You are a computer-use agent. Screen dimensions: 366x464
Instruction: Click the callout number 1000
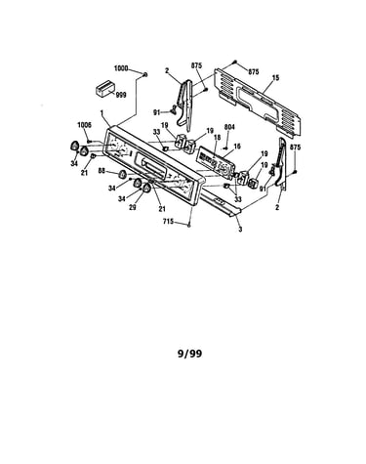(x=121, y=68)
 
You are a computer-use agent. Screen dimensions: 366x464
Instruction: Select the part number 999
(x=121, y=95)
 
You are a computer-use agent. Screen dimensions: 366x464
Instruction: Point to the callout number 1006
(x=84, y=125)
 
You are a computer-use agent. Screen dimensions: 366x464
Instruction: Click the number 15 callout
(x=276, y=78)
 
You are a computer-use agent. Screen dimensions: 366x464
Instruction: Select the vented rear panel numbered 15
(x=257, y=102)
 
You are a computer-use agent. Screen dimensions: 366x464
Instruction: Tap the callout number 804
(x=229, y=127)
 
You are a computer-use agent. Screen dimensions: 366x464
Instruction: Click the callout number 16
(x=237, y=147)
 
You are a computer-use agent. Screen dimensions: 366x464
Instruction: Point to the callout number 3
(x=240, y=230)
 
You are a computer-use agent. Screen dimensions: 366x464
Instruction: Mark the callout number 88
(x=102, y=170)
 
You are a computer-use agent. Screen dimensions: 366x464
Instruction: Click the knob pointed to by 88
(x=123, y=174)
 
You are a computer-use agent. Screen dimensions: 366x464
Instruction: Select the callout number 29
(x=133, y=207)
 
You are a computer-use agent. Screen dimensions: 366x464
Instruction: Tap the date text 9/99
(x=189, y=354)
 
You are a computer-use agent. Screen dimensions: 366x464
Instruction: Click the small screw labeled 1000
(x=145, y=75)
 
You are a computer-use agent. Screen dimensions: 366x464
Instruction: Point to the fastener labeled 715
(x=189, y=225)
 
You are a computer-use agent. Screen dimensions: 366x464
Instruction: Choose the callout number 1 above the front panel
(x=102, y=112)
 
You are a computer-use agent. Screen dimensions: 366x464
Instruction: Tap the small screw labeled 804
(x=225, y=148)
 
